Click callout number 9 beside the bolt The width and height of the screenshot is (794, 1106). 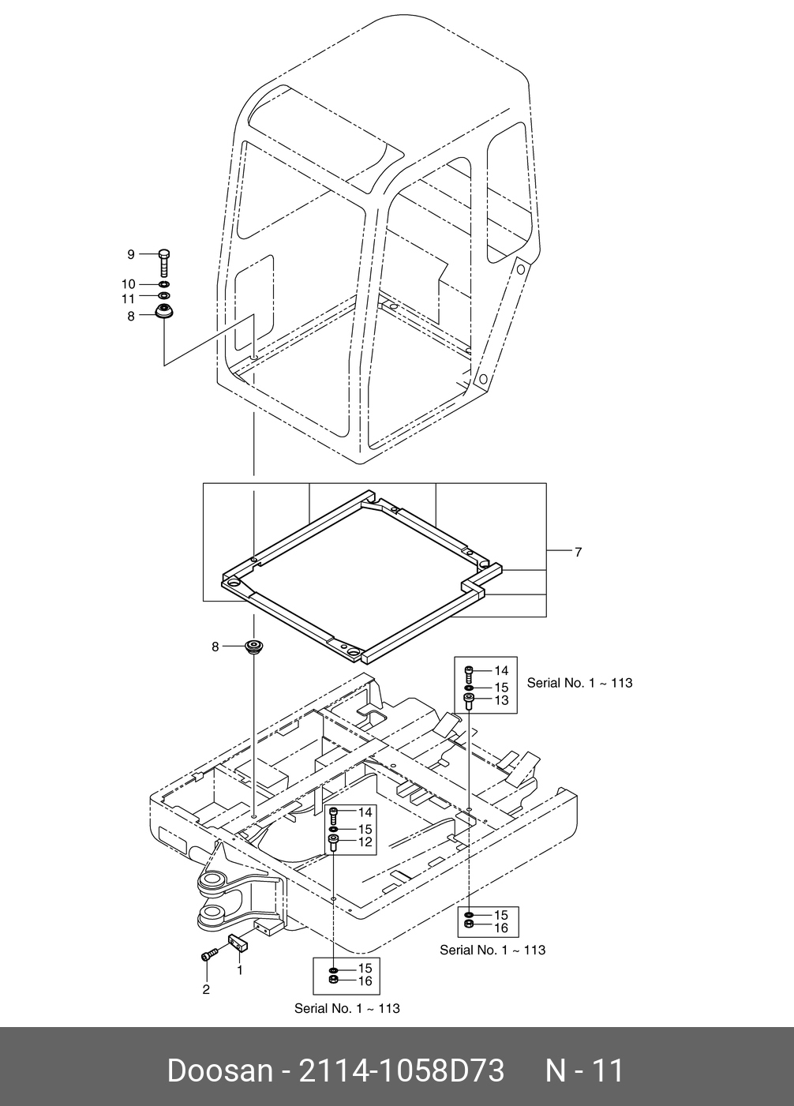[131, 254]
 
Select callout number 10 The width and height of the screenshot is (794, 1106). [128, 284]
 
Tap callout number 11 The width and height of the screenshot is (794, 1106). [128, 298]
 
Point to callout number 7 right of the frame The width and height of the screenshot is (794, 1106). [578, 552]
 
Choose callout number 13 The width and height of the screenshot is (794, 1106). [501, 700]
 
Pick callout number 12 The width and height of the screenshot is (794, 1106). [365, 842]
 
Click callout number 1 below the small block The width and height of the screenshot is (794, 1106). [239, 969]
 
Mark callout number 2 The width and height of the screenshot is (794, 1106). [206, 989]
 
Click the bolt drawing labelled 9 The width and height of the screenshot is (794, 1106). [164, 261]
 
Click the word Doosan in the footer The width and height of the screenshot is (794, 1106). [219, 1071]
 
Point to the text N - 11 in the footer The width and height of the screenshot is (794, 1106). [586, 1071]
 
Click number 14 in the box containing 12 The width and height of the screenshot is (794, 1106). [365, 812]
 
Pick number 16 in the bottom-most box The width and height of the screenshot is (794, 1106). [365, 981]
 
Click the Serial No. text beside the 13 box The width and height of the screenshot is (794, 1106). [579, 683]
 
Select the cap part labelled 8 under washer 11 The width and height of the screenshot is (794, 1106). [164, 312]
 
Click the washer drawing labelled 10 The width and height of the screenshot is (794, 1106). [163, 284]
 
